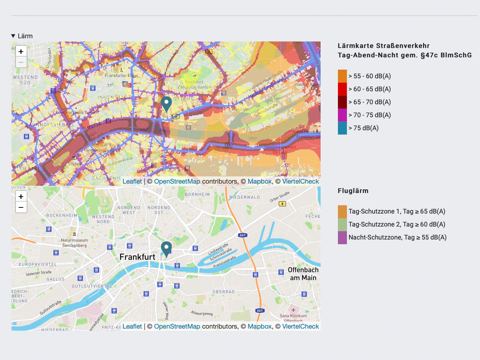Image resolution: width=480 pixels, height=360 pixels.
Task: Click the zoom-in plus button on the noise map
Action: pos(21,52)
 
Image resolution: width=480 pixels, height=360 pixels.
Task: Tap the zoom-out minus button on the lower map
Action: pos(21,207)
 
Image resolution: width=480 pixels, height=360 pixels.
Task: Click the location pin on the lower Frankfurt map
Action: pos(166,249)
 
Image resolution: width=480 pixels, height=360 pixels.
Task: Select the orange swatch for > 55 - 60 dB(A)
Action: pos(342,76)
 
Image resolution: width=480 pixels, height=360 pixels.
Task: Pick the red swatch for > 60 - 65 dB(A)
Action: pos(342,89)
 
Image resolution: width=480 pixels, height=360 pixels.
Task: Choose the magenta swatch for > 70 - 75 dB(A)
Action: pos(342,115)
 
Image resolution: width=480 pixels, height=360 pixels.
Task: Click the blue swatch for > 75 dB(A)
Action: pos(342,128)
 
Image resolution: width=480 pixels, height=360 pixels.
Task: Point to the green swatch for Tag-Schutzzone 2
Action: pos(342,224)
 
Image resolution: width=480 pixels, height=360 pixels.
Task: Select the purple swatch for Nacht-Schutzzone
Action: pos(342,237)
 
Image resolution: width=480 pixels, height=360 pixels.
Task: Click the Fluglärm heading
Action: pos(353,191)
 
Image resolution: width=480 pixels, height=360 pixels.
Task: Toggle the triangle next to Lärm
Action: pos(13,36)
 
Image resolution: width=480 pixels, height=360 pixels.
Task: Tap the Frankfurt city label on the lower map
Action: pos(137,257)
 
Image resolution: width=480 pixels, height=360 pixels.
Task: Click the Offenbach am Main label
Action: pos(303,274)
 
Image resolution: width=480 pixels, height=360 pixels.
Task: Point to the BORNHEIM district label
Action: pos(197,194)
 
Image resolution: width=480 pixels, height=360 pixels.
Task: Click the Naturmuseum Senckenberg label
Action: pos(74,243)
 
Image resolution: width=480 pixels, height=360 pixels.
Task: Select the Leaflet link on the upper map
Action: pos(132,181)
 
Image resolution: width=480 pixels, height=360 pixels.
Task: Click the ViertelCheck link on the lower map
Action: pos(300,326)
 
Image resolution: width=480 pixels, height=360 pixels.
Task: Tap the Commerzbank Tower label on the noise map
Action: pos(76,113)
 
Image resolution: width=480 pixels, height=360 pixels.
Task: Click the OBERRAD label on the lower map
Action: pos(224,292)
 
